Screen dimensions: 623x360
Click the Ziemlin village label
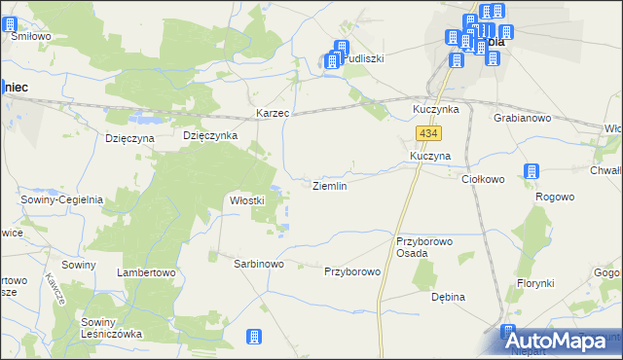click(328, 185)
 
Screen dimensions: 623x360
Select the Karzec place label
click(273, 114)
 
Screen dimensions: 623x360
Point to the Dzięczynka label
click(210, 136)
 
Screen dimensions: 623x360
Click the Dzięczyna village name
click(130, 138)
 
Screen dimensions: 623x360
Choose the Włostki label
click(247, 200)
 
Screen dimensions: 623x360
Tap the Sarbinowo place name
click(258, 264)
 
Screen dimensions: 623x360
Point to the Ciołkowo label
click(482, 179)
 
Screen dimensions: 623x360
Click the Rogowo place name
click(554, 197)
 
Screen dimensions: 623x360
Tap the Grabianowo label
click(522, 119)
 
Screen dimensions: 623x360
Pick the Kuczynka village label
click(435, 109)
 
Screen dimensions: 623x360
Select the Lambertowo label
click(146, 272)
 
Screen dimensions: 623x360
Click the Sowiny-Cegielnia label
click(61, 199)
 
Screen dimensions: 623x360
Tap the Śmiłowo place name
click(30, 36)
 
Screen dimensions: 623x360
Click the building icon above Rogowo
click(531, 172)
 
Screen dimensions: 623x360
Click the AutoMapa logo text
click(567, 341)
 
